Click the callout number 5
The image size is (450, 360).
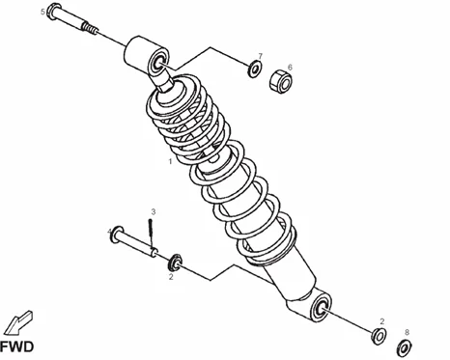42,13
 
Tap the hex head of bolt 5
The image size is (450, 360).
54,11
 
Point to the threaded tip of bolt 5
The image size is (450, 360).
89,27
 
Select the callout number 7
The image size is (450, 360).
260,56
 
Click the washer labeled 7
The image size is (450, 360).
255,69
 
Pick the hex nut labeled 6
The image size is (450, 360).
280,81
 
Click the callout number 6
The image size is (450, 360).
290,68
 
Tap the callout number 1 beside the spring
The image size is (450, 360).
170,161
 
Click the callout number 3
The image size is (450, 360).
154,211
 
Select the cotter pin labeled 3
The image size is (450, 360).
151,232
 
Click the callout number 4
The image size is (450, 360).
109,231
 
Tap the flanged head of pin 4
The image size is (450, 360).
117,234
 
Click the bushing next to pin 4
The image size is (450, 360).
175,263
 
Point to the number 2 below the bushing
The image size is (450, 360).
171,276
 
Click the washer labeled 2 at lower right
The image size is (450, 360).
380,336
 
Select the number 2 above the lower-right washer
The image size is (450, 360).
382,321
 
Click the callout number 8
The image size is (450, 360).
407,332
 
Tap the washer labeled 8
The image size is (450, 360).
405,347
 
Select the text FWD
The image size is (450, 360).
17,346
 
